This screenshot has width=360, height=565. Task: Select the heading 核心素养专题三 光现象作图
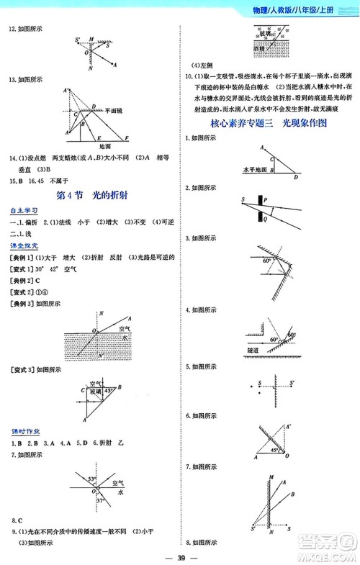[x=271, y=123]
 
